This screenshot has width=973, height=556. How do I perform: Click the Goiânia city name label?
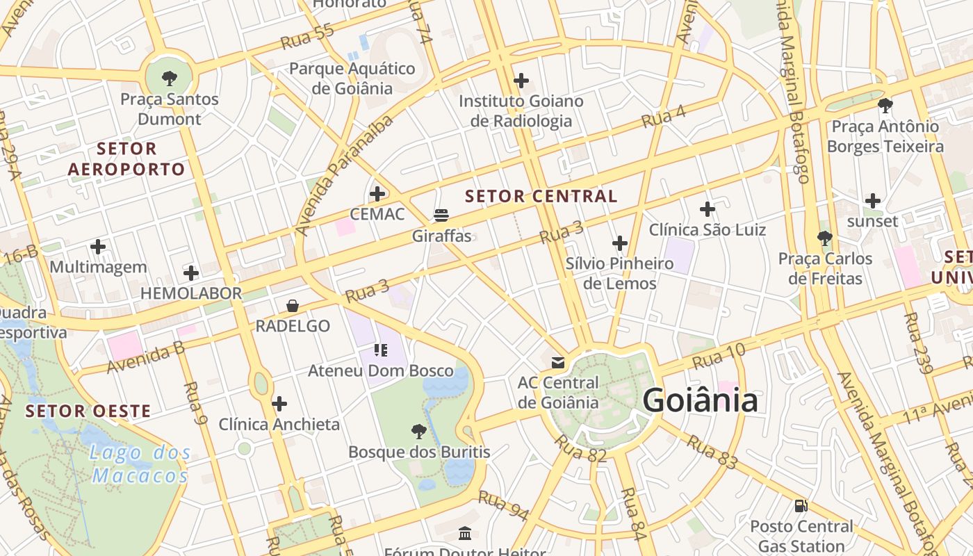pyautogui.click(x=699, y=401)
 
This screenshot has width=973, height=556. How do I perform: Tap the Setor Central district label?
pyautogui.click(x=541, y=196)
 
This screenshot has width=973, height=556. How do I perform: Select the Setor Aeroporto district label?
pyautogui.click(x=126, y=158)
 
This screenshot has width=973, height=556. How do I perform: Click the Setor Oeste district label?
pyautogui.click(x=88, y=411)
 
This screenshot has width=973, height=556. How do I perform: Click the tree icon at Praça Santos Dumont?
pyautogui.click(x=169, y=78)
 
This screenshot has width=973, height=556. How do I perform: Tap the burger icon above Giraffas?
pyautogui.click(x=441, y=215)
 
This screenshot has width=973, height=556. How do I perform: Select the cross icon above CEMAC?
pyautogui.click(x=377, y=193)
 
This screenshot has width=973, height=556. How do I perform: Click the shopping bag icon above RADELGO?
pyautogui.click(x=293, y=306)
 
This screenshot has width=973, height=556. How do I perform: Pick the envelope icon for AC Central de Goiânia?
pyautogui.click(x=558, y=362)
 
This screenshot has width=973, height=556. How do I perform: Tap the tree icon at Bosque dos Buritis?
pyautogui.click(x=418, y=432)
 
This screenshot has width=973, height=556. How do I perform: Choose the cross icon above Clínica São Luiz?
pyautogui.click(x=708, y=208)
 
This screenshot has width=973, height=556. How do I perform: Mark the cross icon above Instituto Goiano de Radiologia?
pyautogui.click(x=521, y=81)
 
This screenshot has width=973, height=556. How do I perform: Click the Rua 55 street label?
pyautogui.click(x=307, y=37)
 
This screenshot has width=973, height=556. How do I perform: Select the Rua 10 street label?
pyautogui.click(x=718, y=357)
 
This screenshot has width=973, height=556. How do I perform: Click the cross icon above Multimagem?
pyautogui.click(x=98, y=246)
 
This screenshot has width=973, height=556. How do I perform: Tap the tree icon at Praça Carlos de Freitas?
pyautogui.click(x=825, y=238)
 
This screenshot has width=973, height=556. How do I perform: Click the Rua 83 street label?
pyautogui.click(x=712, y=451)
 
